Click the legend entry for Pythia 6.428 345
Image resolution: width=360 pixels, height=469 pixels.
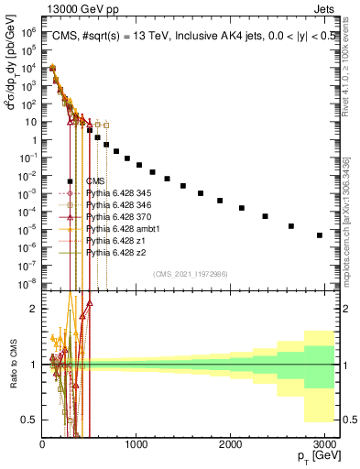point(117,193)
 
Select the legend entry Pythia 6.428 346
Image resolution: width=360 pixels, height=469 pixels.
point(117,205)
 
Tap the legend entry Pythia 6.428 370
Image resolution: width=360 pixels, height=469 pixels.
point(117,217)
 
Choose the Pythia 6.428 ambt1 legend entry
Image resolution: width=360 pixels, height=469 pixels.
point(119,228)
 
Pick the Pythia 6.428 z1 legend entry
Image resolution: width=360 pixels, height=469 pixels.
point(113,240)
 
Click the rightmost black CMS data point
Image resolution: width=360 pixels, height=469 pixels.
point(320,235)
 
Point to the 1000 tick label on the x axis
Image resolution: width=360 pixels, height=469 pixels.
point(136,443)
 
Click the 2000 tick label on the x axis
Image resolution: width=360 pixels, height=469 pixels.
point(229,443)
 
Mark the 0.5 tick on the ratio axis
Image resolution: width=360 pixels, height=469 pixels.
point(29,420)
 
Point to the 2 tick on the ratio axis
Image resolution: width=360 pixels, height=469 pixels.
point(34,309)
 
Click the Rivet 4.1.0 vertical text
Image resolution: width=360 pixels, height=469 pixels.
point(350,60)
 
